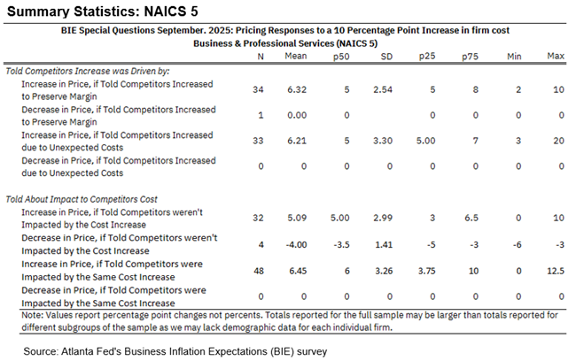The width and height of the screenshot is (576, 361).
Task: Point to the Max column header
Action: click(x=556, y=56)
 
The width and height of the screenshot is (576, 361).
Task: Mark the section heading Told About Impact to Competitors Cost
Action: click(x=82, y=199)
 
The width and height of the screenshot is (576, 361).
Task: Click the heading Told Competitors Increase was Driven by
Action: click(x=87, y=69)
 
